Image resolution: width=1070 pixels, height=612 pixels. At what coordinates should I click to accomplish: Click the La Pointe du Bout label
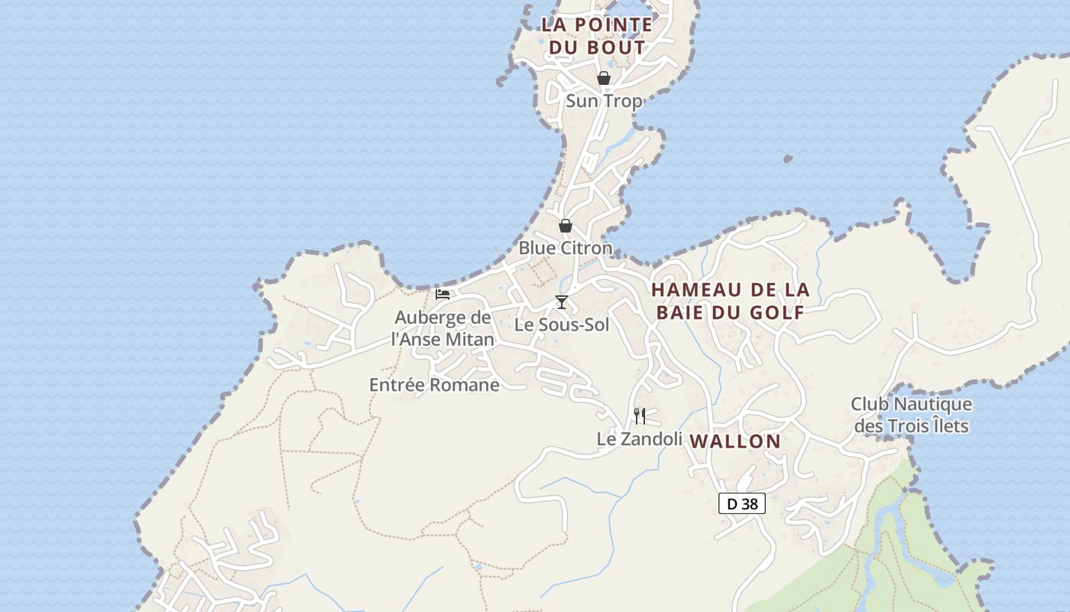pyautogui.click(x=597, y=35)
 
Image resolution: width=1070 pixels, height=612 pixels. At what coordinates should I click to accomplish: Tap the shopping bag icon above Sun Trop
pyautogui.click(x=604, y=78)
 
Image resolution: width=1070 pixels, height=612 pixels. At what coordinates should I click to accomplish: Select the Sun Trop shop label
pyautogui.click(x=604, y=100)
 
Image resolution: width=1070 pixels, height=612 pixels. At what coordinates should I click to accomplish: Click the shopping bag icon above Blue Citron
pyautogui.click(x=566, y=226)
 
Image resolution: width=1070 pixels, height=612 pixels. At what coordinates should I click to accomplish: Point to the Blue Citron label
pyautogui.click(x=566, y=248)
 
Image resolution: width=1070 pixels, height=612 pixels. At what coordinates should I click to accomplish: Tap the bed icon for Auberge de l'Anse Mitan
pyautogui.click(x=443, y=295)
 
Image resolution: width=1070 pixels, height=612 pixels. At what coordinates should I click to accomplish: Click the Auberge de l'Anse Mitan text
pyautogui.click(x=443, y=327)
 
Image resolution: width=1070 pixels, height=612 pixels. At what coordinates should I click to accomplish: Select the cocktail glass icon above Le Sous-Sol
pyautogui.click(x=562, y=302)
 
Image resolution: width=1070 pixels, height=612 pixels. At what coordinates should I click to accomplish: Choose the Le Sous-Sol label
pyautogui.click(x=562, y=324)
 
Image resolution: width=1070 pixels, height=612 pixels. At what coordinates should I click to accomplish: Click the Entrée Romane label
pyautogui.click(x=434, y=385)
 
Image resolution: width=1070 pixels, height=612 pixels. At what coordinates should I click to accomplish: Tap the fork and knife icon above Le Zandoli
pyautogui.click(x=640, y=416)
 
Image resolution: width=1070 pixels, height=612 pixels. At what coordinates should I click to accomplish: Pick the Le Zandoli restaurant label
pyautogui.click(x=639, y=439)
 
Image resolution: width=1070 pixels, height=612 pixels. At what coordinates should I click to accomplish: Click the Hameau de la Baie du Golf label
pyautogui.click(x=730, y=301)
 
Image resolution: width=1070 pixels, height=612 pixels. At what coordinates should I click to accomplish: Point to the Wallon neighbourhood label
pyautogui.click(x=735, y=441)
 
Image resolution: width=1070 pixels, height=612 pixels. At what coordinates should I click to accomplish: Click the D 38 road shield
pyautogui.click(x=742, y=503)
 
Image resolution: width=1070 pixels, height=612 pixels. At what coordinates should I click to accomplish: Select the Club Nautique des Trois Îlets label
pyautogui.click(x=911, y=415)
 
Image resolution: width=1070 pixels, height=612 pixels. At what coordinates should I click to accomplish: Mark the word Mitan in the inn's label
pyautogui.click(x=466, y=339)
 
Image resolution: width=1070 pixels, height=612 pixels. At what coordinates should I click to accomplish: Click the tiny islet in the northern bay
pyautogui.click(x=788, y=159)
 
